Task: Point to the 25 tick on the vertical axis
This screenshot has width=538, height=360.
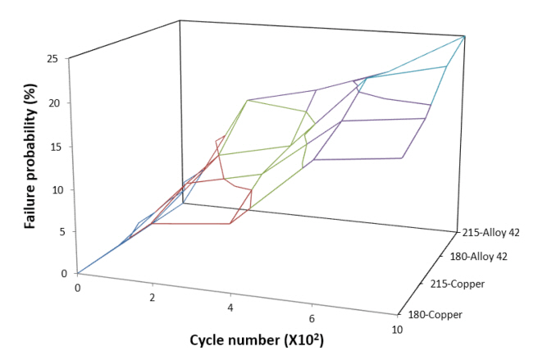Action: point(52,59)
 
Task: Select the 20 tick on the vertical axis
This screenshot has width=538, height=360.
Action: point(52,103)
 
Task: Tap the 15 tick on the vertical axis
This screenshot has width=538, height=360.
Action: point(52,146)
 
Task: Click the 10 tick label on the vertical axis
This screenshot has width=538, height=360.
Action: point(52,189)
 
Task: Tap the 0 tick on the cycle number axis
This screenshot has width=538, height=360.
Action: point(77,288)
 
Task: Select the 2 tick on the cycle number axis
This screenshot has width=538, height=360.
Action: point(153,298)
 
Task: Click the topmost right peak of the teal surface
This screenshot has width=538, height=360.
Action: point(465,36)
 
